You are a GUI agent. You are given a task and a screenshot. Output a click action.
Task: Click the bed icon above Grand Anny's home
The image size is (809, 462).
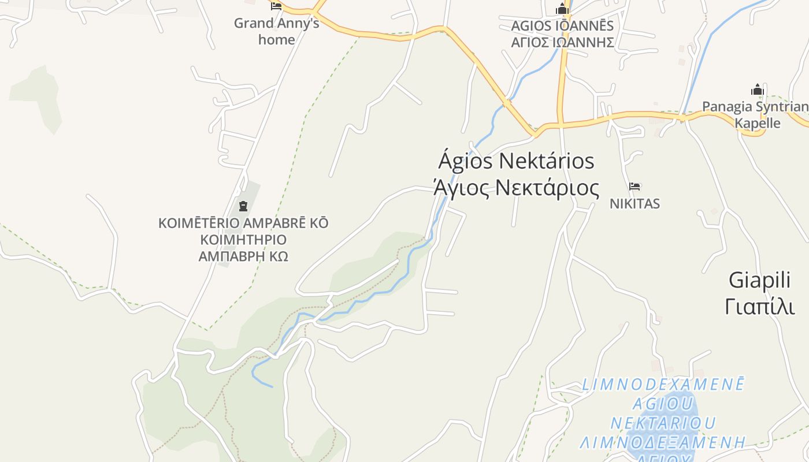pos(276,6)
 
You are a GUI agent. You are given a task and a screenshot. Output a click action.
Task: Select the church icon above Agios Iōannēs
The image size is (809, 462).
pos(562,9)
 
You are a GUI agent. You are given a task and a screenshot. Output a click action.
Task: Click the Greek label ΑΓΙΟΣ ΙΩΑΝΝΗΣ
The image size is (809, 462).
pos(562,42)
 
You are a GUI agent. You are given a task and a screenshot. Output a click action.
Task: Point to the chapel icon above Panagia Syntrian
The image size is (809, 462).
pos(757,90)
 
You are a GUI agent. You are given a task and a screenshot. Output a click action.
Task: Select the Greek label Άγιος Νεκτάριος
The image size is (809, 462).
pos(516,188)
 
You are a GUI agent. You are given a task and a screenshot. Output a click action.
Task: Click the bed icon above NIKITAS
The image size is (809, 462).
pos(634,186)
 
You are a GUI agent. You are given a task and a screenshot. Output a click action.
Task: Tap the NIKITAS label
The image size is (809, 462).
pos(634,204)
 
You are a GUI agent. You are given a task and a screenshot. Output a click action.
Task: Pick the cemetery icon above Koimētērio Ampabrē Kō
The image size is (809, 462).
pos(243,206)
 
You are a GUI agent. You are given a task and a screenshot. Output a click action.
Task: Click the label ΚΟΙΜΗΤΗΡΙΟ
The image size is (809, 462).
pos(243,240)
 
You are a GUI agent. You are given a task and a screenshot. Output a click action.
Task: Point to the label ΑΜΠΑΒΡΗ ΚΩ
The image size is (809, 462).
pos(243,256)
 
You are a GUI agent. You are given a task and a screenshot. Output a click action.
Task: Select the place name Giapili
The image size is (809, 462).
pos(759,281)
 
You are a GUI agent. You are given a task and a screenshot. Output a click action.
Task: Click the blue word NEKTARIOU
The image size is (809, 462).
pos(663,423)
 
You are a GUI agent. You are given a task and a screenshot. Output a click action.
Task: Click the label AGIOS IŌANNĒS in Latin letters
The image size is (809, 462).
pos(562,26)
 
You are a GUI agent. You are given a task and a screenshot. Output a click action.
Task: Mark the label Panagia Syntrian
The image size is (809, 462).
pos(755,107)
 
